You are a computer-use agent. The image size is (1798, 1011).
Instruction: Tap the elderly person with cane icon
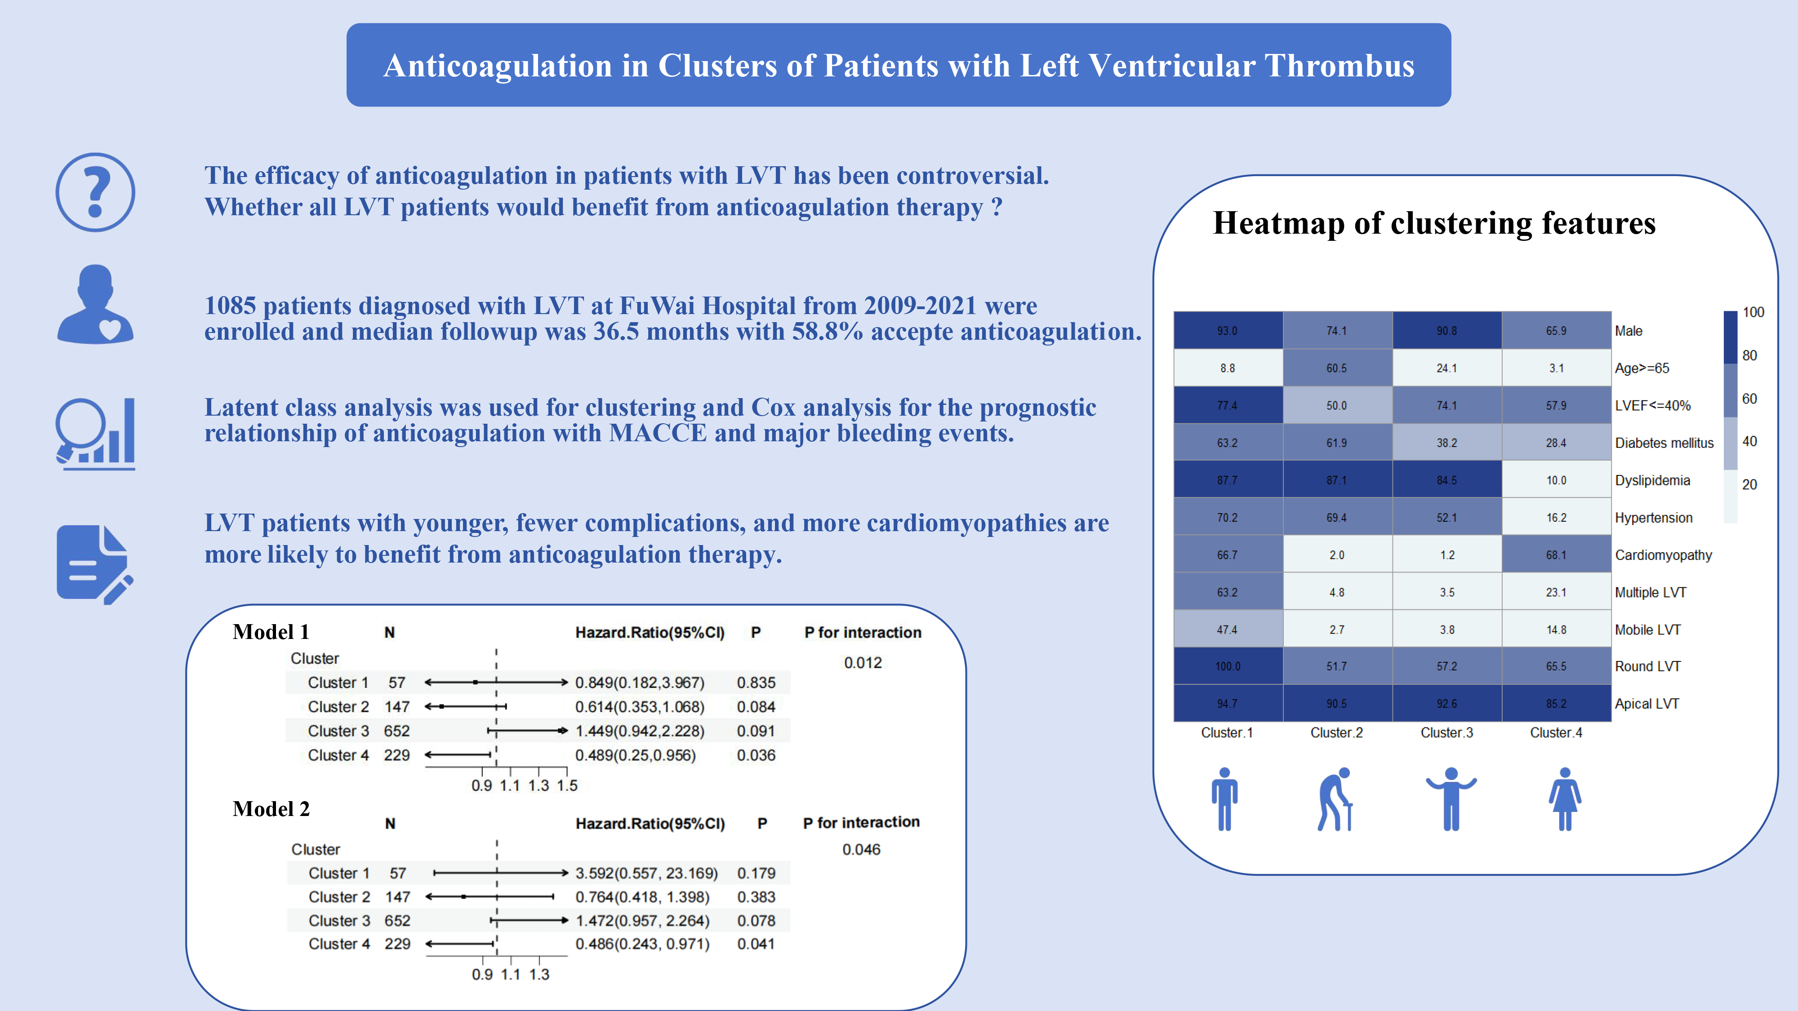[x=1335, y=799]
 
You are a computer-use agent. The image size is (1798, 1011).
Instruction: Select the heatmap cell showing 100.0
[x=1228, y=666]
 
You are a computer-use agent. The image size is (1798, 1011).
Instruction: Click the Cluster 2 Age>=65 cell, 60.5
[x=1337, y=368]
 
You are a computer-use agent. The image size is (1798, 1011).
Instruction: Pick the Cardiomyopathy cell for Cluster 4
[x=1556, y=554]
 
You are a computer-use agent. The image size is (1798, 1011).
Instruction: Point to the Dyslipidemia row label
[x=1652, y=480]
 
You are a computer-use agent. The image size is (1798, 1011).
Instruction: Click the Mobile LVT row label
[x=1647, y=630]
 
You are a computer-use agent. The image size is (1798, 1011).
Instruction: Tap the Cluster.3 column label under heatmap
[x=1446, y=732]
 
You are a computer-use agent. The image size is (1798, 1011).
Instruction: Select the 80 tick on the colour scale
[x=1749, y=355]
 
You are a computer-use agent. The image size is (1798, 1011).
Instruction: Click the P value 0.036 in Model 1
[x=756, y=755]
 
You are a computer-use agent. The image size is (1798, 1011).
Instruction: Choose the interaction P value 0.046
[x=861, y=849]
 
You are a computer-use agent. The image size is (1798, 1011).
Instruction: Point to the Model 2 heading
[x=271, y=809]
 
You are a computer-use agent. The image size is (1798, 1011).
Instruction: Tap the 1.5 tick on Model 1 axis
[x=567, y=785]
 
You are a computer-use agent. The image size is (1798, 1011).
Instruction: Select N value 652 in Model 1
[x=396, y=731]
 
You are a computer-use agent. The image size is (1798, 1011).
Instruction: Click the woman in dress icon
[x=1565, y=799]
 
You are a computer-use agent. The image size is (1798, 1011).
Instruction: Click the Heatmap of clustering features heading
[x=1434, y=223]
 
